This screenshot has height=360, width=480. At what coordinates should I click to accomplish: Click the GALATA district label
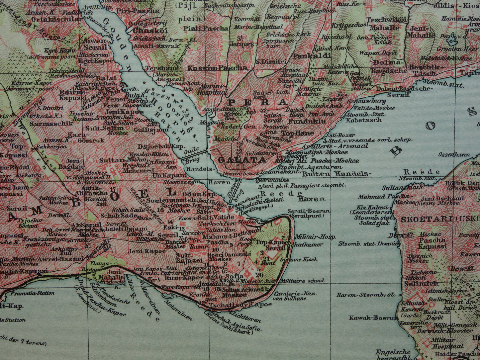[x=242, y=160]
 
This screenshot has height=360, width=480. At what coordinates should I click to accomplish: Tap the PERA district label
[x=258, y=102]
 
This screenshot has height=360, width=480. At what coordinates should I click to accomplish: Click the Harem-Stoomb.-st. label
[x=365, y=295]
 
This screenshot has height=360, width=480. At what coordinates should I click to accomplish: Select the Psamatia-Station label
[x=33, y=293]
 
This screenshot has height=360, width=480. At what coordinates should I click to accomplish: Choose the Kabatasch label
[x=363, y=120]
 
